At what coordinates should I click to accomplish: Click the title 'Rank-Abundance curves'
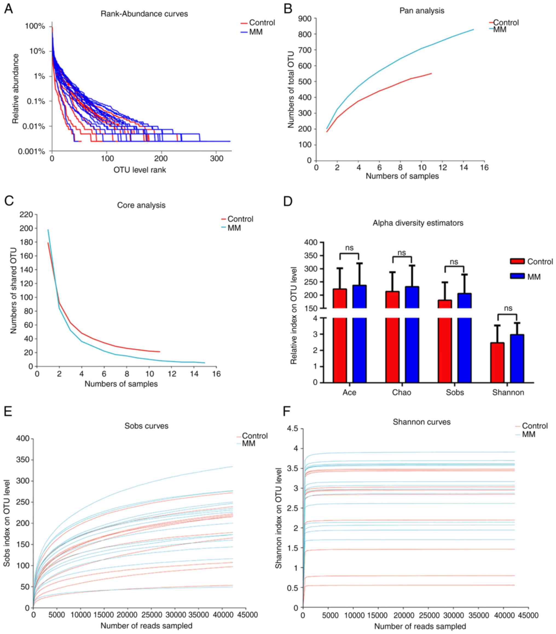click(144, 14)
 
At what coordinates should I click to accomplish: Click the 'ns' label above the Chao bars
click(402, 253)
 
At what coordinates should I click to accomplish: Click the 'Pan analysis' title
click(422, 11)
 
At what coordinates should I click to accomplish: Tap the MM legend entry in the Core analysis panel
click(234, 228)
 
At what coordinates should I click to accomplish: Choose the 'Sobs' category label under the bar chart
click(455, 392)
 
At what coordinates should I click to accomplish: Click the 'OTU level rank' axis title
click(140, 170)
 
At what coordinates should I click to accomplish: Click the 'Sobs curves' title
click(146, 426)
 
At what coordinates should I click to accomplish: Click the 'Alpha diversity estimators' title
click(418, 223)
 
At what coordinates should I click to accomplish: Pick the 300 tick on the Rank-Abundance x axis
click(216, 159)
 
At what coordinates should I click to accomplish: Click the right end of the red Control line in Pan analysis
click(431, 74)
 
